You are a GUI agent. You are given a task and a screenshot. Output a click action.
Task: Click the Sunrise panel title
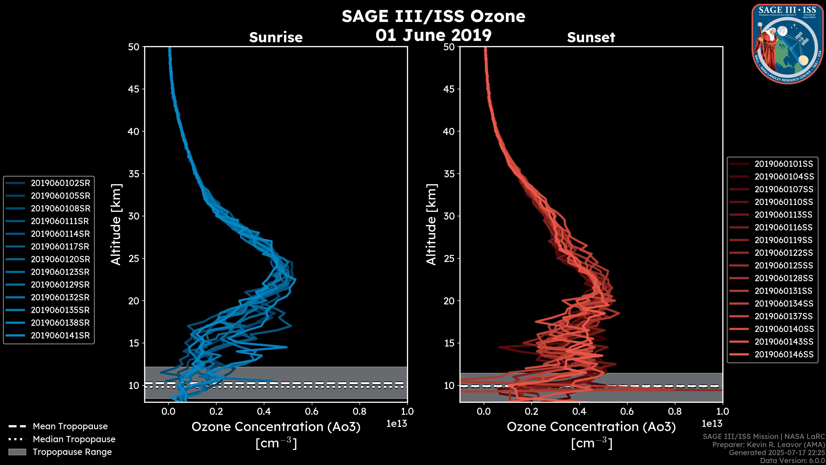[x=276, y=37]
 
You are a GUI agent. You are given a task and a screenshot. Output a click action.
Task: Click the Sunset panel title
[x=591, y=37]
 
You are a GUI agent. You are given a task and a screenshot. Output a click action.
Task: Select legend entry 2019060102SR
[x=60, y=183]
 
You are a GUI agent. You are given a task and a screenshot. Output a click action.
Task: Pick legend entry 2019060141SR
[x=60, y=335]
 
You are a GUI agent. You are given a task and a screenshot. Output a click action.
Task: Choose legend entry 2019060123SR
[x=60, y=272]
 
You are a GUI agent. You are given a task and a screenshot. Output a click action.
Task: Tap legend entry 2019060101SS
[x=784, y=164]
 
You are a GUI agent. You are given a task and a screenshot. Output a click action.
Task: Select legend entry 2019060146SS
[x=784, y=354]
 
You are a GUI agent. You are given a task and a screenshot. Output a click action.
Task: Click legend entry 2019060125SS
[x=784, y=265]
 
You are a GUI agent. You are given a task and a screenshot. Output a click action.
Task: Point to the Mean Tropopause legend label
[x=70, y=426]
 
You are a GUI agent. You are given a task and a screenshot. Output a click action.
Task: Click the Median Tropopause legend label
[x=74, y=439]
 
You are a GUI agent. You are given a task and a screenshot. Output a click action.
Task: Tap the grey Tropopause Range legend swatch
[x=17, y=452]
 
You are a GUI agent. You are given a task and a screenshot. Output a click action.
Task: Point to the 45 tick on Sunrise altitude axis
[x=134, y=89]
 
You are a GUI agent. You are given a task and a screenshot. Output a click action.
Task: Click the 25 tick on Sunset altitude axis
[x=449, y=258]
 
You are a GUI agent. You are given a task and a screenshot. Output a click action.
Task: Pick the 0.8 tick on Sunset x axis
[x=675, y=411]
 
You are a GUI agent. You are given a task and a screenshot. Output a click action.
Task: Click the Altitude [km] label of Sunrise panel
[x=116, y=225]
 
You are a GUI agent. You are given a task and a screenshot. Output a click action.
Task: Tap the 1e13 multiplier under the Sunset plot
[x=712, y=424]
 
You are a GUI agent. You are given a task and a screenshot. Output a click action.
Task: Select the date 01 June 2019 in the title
[x=433, y=35]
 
